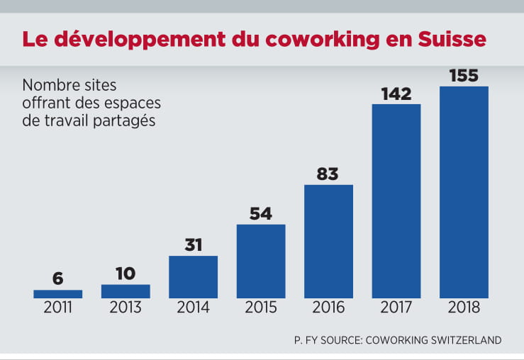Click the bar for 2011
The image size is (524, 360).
tap(58, 293)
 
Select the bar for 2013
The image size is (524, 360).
tap(126, 291)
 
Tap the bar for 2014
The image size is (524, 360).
tap(193, 276)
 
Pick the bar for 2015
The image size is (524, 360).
tap(261, 261)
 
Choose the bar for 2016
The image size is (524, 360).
tap(328, 241)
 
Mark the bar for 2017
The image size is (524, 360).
tap(396, 201)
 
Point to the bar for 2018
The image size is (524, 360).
tap(464, 191)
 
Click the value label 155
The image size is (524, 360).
tap(464, 75)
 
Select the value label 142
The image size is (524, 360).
tap(396, 93)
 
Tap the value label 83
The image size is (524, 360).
tap(328, 174)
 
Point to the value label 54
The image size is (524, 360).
tap(261, 213)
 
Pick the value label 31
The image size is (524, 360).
tap(193, 245)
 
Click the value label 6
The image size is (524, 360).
tap(58, 279)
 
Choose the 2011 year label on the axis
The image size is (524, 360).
tap(58, 308)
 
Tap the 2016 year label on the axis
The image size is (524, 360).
tap(328, 308)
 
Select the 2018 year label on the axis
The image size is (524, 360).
tap(464, 308)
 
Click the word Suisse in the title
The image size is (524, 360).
tap(452, 39)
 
